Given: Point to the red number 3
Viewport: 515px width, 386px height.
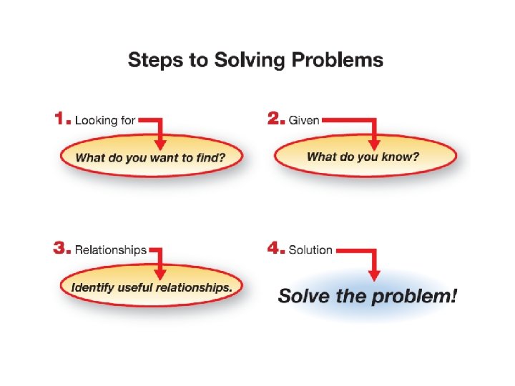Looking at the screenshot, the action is pyautogui.click(x=63, y=249).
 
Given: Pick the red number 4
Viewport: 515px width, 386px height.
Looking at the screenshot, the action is pyautogui.click(x=276, y=249).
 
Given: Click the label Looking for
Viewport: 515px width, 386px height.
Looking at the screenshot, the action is pyautogui.click(x=105, y=120).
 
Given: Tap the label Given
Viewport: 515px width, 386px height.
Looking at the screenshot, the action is pyautogui.click(x=304, y=120).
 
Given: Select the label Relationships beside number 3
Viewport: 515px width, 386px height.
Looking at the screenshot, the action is pyautogui.click(x=111, y=250).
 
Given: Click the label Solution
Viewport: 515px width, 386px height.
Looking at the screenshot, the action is pyautogui.click(x=310, y=250).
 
